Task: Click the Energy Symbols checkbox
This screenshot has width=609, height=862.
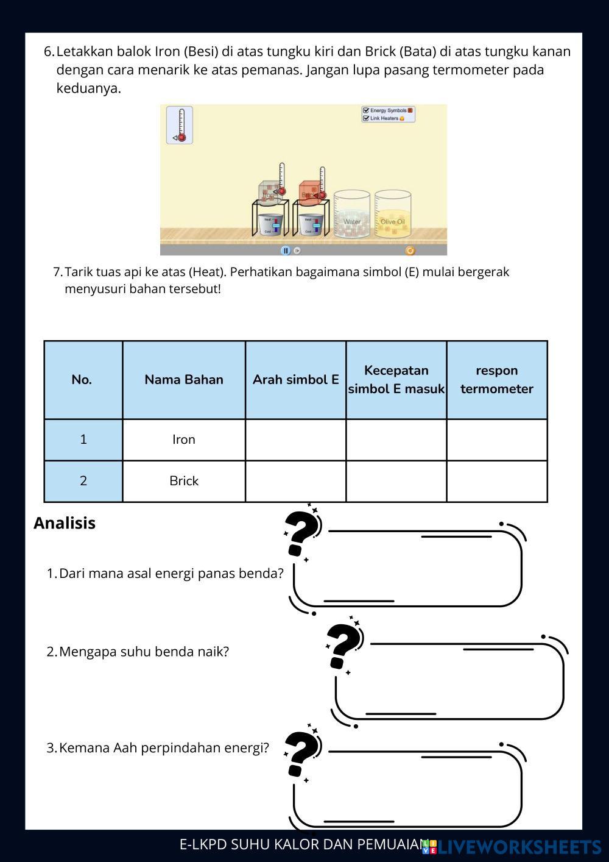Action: click(366, 110)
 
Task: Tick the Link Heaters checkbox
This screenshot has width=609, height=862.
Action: click(366, 118)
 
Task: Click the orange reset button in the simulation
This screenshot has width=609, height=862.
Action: click(410, 251)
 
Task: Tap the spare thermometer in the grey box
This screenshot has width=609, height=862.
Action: click(180, 126)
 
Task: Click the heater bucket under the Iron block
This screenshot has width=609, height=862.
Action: click(271, 225)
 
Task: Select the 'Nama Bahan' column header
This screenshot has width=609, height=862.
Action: click(184, 380)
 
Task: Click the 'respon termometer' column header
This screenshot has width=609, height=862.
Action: click(497, 380)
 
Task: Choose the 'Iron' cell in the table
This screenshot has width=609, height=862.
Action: click(184, 440)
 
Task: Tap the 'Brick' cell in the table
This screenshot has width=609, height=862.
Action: click(184, 481)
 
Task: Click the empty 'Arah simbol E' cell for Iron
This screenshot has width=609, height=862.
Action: click(295, 440)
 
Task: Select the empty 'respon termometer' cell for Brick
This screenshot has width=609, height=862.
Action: click(497, 481)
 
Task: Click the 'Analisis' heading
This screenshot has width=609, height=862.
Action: click(65, 523)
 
